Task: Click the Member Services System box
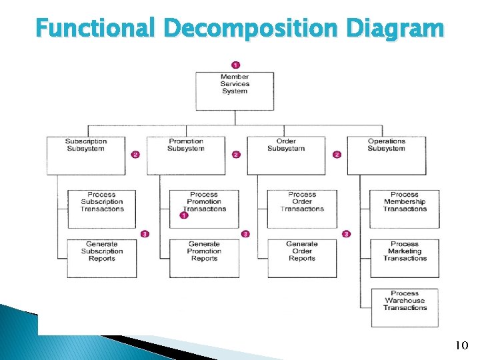point(235,91)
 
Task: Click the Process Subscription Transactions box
point(102,209)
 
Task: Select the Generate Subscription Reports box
point(102,258)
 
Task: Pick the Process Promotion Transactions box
point(204,209)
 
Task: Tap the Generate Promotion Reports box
point(204,258)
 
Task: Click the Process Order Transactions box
point(302,209)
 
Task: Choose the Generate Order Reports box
point(302,258)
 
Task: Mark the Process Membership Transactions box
point(405,209)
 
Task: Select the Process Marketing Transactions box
point(405,258)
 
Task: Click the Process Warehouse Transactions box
point(405,307)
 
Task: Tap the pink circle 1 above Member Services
point(235,65)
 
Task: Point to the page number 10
point(461,345)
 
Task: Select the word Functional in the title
point(95,29)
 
